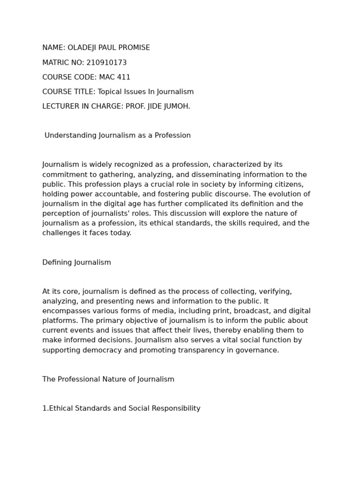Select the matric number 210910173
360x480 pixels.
(106, 63)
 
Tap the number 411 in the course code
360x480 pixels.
(123, 77)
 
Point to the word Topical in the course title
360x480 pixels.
(110, 92)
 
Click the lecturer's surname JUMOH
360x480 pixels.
(176, 106)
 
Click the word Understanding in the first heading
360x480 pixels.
(70, 135)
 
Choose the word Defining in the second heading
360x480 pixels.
(56, 262)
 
